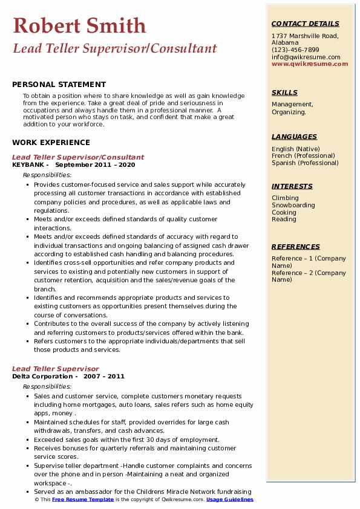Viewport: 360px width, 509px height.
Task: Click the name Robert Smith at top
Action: tap(79, 25)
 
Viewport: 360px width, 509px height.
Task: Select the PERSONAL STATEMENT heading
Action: tap(59, 85)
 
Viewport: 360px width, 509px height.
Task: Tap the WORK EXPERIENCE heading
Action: tap(51, 143)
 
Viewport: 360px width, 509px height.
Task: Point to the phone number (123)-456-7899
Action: tap(295, 50)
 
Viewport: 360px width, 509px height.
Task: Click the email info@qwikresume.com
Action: tap(306, 57)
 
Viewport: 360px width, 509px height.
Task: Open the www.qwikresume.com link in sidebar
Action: tap(306, 63)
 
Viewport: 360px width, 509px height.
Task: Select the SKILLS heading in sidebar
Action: tap(284, 92)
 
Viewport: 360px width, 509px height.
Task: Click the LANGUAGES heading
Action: tap(294, 137)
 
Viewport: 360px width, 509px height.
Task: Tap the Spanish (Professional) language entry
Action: tap(305, 163)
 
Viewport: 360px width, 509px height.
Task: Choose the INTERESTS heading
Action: tap(292, 186)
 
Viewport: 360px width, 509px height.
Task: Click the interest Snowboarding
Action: tap(293, 206)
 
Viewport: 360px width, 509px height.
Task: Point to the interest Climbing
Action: tap(285, 198)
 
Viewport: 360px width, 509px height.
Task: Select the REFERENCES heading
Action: tap(296, 247)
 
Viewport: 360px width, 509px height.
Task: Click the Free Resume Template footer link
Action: tap(82, 500)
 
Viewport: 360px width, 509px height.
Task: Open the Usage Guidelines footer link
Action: tap(229, 500)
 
